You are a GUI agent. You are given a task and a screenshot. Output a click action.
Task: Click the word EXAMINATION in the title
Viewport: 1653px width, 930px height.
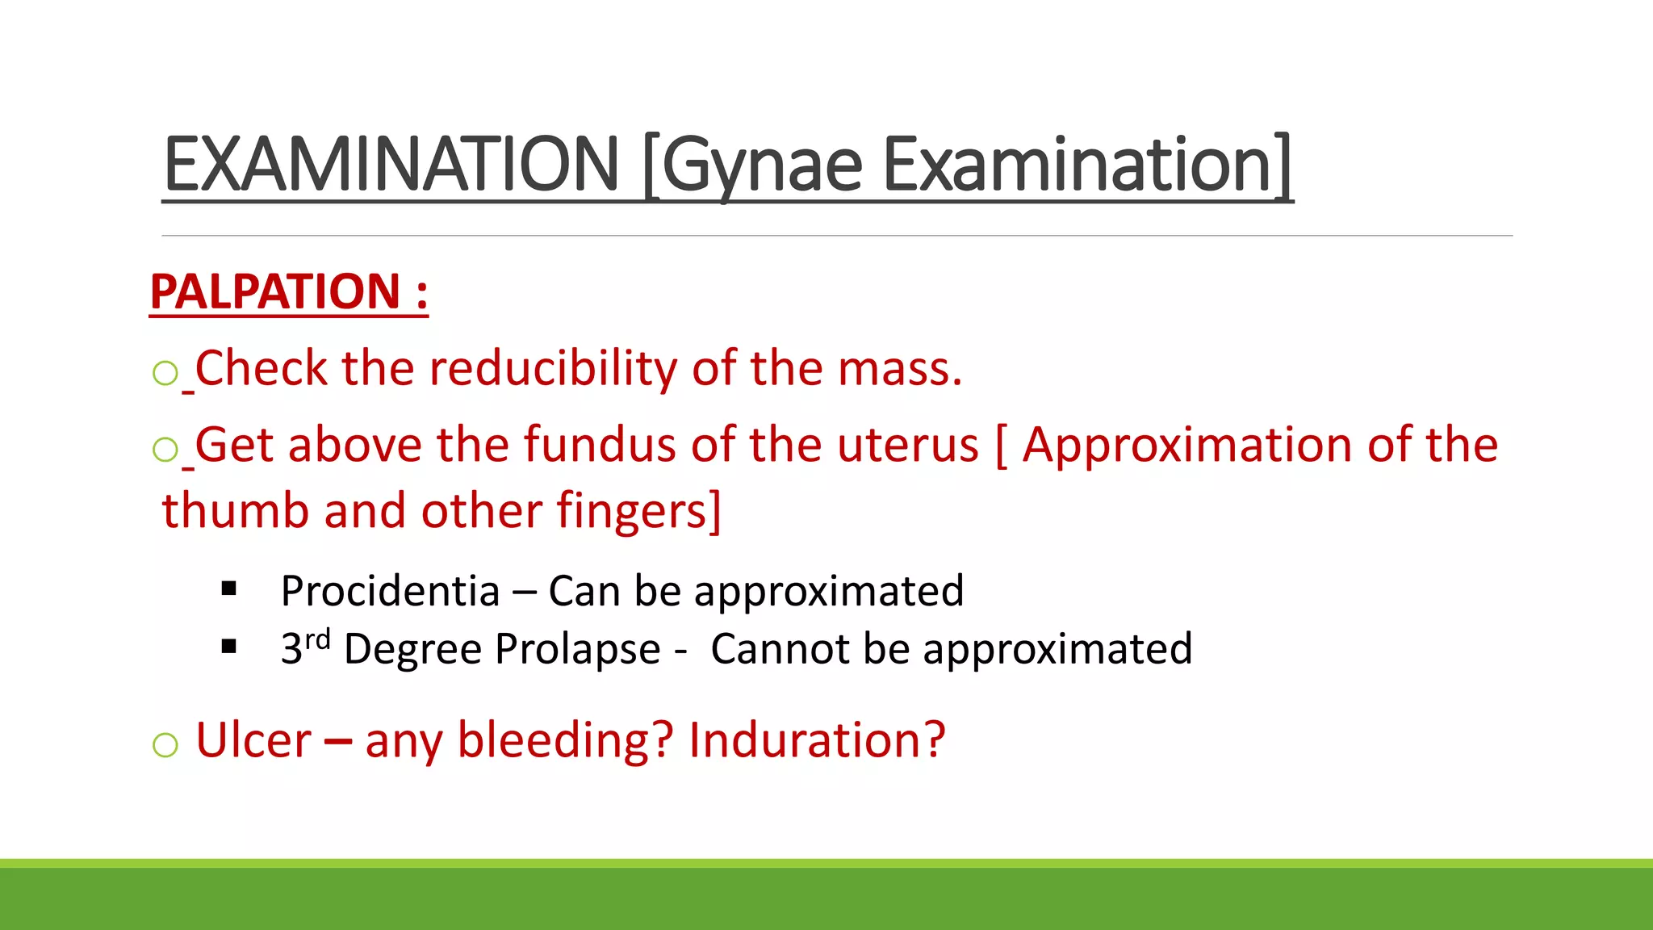pyautogui.click(x=391, y=165)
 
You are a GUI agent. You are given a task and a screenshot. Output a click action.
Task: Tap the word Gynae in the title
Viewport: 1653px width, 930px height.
pyautogui.click(x=763, y=165)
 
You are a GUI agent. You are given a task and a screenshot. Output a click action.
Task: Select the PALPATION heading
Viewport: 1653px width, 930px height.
pyautogui.click(x=274, y=291)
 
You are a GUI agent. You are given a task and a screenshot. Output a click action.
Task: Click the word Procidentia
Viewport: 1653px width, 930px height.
pyautogui.click(x=391, y=591)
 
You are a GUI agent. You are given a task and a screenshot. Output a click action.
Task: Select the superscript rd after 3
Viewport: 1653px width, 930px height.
pyautogui.click(x=318, y=639)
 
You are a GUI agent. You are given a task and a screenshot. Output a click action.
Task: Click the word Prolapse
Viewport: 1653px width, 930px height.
pyautogui.click(x=578, y=649)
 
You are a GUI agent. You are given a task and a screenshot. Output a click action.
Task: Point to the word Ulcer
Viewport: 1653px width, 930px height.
pyautogui.click(x=253, y=739)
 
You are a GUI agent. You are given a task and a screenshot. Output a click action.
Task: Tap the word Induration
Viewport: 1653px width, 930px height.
pyautogui.click(x=816, y=739)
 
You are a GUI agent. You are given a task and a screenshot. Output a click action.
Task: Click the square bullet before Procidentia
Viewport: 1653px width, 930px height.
pyautogui.click(x=229, y=589)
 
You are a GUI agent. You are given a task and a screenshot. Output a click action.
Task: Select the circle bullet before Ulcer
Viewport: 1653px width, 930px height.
pyautogui.click(x=165, y=744)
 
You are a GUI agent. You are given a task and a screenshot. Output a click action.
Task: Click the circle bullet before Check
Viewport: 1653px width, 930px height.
pyautogui.click(x=165, y=373)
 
